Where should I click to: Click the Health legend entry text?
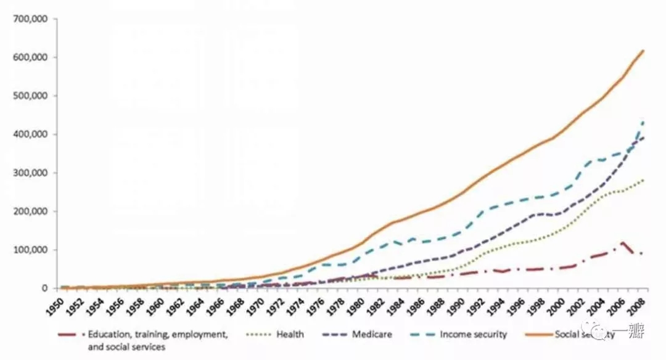click(290, 335)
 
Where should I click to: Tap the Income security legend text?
click(473, 335)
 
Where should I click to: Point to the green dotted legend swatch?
click(258, 335)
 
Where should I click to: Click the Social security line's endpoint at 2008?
click(644, 51)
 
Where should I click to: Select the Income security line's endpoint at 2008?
click(644, 121)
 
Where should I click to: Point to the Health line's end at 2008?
click(644, 179)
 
